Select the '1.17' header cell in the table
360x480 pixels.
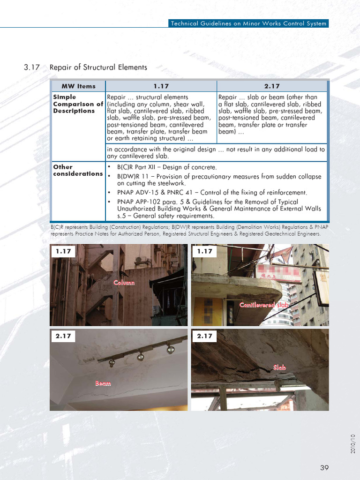[x=161, y=86]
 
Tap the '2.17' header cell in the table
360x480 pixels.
[x=272, y=86]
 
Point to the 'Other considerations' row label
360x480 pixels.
[x=77, y=170]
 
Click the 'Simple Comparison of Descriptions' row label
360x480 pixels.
[x=78, y=104]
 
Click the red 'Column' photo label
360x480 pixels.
[x=124, y=283]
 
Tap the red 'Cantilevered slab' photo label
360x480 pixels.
[x=264, y=305]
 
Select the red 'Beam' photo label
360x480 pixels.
[x=103, y=383]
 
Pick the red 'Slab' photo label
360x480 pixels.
[x=280, y=368]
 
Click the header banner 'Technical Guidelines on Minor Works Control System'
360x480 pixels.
[x=248, y=23]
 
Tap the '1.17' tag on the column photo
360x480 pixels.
[x=63, y=251]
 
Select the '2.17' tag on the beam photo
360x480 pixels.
[x=63, y=336]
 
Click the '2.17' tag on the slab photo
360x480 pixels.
[x=205, y=336]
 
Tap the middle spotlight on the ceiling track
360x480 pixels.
[x=140, y=357]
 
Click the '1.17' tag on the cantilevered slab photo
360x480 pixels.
[x=205, y=251]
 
